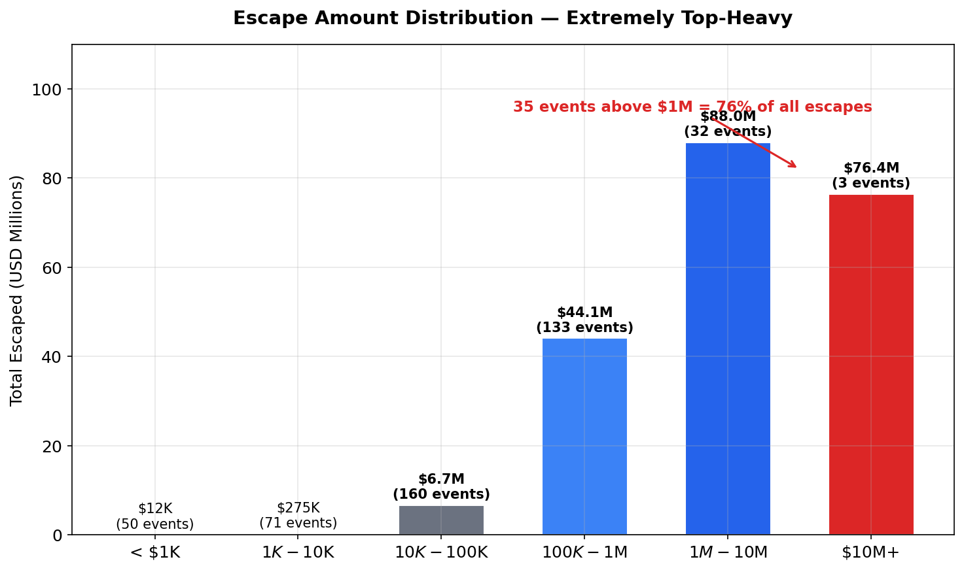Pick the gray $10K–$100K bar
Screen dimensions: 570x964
coord(441,520)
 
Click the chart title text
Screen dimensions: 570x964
coord(512,18)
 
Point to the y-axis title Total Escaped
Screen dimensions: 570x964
coord(17,290)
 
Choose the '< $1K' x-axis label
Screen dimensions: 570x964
coord(155,552)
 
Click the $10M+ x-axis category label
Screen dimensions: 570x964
coord(870,552)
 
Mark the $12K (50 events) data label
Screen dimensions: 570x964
coord(155,516)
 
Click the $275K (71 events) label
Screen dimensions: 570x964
coord(298,516)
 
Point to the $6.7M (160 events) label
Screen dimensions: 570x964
coord(441,487)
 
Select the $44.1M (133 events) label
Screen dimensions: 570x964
coord(584,320)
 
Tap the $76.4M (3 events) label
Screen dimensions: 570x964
coord(870,176)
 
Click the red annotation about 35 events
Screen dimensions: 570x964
coord(692,107)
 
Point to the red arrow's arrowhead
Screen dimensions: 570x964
coord(794,166)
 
